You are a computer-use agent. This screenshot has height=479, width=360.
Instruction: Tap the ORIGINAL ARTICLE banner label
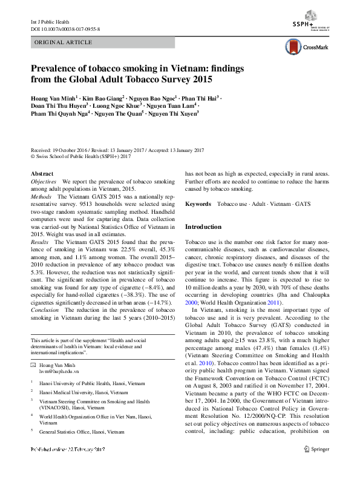64,42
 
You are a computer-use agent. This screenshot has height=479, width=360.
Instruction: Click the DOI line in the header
65,28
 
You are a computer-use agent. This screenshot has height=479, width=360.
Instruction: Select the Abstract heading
41,173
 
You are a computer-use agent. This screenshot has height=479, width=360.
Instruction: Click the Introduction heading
203,226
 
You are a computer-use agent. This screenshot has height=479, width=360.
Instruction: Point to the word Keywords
198,205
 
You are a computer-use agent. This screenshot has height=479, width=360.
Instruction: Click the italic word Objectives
44,181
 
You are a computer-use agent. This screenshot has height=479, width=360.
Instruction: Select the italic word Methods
41,197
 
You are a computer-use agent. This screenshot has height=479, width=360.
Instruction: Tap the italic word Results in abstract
41,242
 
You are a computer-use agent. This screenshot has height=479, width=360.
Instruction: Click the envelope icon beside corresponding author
34,365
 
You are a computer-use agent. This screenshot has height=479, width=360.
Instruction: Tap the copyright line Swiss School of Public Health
80,156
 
